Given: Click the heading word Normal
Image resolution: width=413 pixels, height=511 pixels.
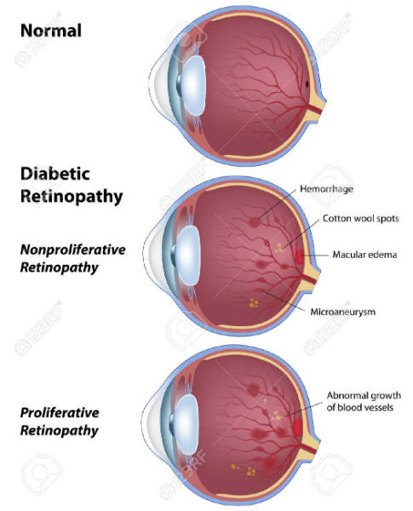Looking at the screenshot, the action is click(51, 31).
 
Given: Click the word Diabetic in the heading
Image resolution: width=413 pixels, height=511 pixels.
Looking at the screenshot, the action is click(55, 174).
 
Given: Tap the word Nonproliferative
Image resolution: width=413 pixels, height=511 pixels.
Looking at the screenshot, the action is click(73, 250).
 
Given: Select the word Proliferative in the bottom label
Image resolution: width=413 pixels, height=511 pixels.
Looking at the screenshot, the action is click(60, 412).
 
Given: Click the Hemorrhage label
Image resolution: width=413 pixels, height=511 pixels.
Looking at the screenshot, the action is click(326, 189).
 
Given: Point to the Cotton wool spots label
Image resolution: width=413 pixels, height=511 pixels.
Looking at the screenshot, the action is click(361, 218).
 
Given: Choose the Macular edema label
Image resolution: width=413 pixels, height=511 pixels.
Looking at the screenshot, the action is click(364, 254).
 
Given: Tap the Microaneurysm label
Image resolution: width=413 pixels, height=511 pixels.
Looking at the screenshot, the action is click(343, 312).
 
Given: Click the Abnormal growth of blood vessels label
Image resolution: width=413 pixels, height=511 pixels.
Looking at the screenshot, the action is click(364, 401).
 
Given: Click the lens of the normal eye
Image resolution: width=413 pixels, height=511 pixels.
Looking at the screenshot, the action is click(193, 85).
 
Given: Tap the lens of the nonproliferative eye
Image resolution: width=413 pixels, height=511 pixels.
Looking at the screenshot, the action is click(187, 255).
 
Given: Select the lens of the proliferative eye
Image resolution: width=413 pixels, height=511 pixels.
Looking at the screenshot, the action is click(186, 424).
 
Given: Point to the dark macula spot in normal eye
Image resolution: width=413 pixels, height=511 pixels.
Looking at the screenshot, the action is click(307, 83).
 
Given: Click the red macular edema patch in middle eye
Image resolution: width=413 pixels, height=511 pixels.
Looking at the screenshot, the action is click(299, 256).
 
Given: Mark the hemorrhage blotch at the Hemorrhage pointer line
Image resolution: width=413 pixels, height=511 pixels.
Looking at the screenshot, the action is click(254, 222).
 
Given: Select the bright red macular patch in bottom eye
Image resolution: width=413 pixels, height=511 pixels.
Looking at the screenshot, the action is click(297, 427).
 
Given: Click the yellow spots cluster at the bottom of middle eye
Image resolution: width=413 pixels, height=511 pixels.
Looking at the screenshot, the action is click(254, 303).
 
